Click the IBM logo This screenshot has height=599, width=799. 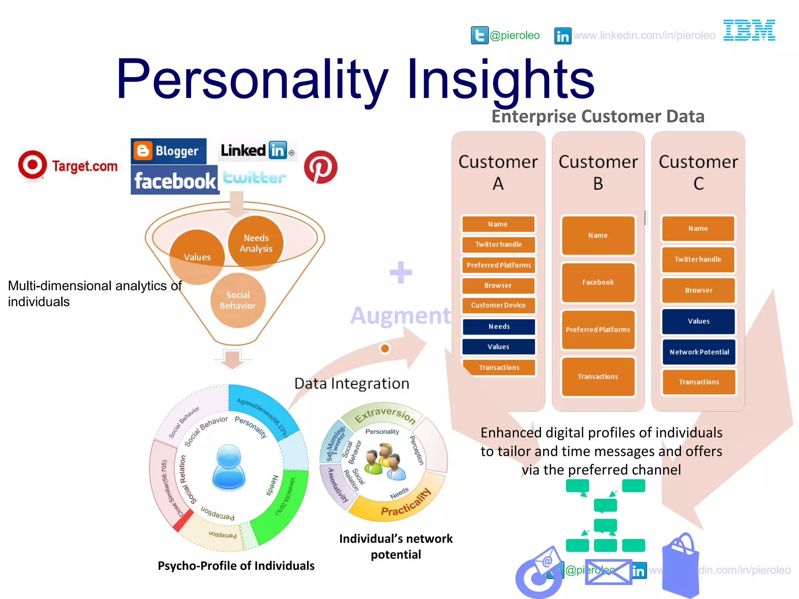tap(749, 30)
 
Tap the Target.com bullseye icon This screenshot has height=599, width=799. tap(32, 165)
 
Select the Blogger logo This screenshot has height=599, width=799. tap(168, 151)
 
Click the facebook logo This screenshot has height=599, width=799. tap(174, 181)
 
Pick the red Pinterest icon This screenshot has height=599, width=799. tap(320, 167)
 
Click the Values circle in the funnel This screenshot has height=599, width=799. tap(197, 257)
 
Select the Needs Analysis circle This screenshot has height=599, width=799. tap(256, 243)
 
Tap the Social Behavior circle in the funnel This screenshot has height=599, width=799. tap(238, 300)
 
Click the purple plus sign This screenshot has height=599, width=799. tap(401, 272)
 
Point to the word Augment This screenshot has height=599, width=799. tap(401, 315)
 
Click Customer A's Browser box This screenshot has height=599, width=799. tap(498, 285)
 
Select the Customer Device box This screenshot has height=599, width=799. tap(498, 305)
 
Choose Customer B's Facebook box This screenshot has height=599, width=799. tap(598, 282)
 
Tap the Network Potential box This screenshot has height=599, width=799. tap(699, 352)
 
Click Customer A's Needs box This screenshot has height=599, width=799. tap(499, 326)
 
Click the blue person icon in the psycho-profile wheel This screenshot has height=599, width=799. tap(229, 467)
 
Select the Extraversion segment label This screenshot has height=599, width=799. tap(384, 415)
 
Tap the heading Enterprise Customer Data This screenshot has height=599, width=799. tap(598, 117)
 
